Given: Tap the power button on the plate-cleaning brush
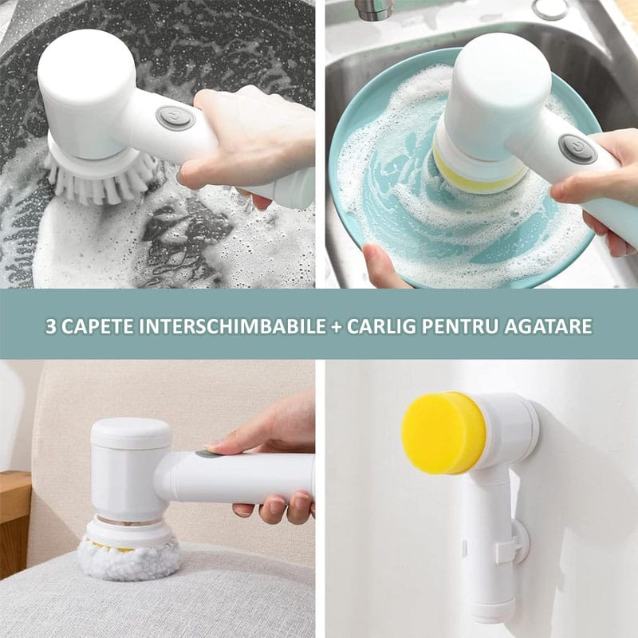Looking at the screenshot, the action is [x=577, y=149].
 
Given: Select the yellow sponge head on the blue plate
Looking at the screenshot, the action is [x=480, y=171].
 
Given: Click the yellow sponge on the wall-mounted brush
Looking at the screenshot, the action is [x=443, y=433].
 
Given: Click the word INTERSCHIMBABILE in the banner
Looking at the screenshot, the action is [x=232, y=326].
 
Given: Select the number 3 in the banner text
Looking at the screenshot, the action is [x=50, y=326].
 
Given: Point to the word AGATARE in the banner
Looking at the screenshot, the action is [x=548, y=326].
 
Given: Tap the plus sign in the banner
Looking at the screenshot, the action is [x=337, y=327].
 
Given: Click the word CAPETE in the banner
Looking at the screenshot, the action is [x=97, y=326].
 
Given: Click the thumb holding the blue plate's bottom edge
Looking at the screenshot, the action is [x=380, y=265].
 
